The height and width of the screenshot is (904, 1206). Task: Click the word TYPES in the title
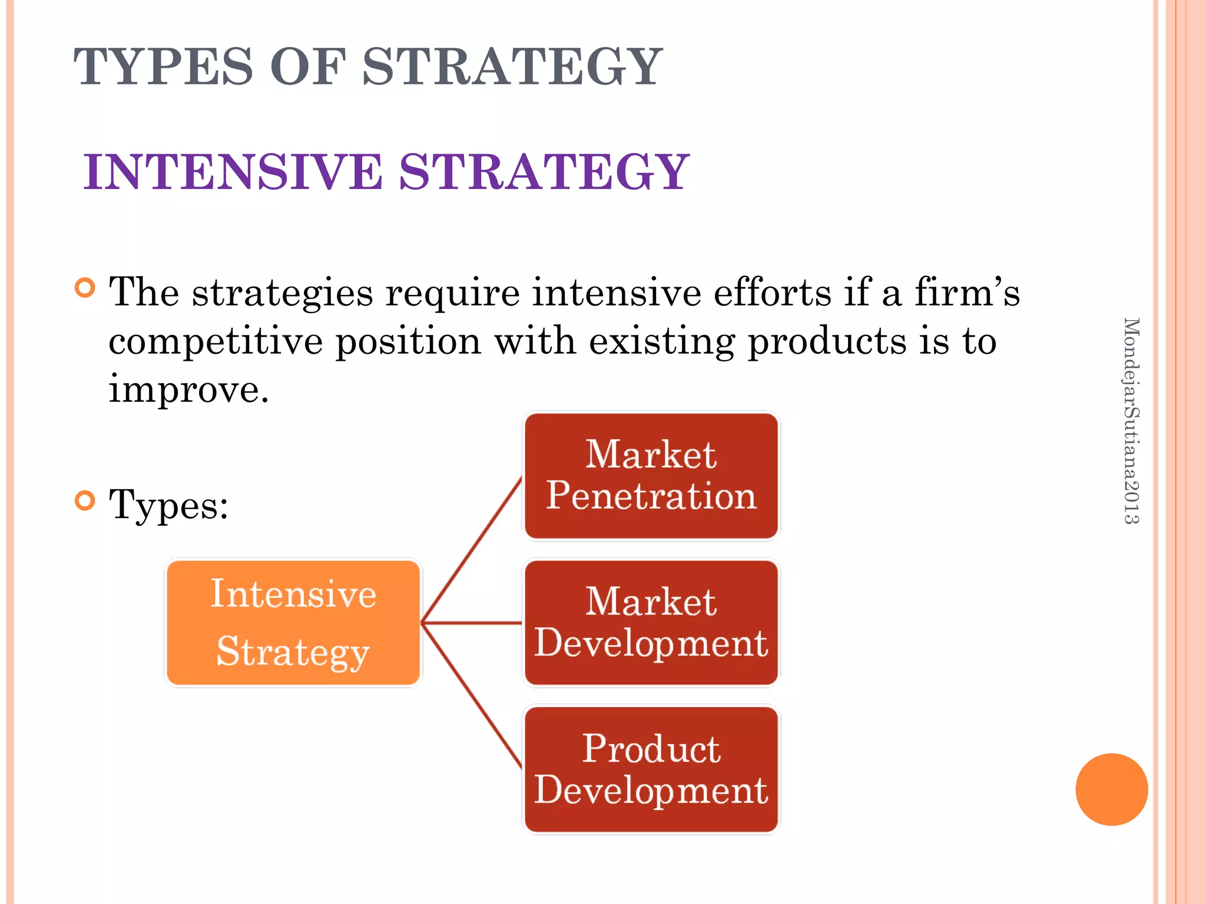pos(163,67)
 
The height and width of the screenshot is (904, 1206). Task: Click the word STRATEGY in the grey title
pos(512,67)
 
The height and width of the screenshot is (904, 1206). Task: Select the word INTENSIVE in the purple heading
pos(233,172)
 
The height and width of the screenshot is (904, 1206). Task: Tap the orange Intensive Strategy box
pos(293,622)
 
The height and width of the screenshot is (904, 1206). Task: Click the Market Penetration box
pos(651,476)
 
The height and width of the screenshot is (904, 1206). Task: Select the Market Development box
pos(651,622)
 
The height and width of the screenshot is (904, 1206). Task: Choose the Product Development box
pos(651,769)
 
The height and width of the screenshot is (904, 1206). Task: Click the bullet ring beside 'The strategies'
pos(85,288)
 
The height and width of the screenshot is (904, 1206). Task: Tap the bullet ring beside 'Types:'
pos(85,501)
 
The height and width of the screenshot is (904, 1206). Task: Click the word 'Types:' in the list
pos(168,505)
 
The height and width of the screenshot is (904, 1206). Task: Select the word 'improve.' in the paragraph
pos(188,390)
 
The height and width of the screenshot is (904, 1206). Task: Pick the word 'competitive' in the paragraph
pos(215,341)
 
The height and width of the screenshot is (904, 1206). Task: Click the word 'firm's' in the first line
pos(966,292)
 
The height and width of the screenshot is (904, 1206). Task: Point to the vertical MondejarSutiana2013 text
pos(1131,420)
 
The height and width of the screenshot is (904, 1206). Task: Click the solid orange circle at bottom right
pos(1111,789)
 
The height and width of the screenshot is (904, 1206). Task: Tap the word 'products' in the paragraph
pos(827,341)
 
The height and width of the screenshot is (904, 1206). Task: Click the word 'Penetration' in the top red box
pos(651,496)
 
